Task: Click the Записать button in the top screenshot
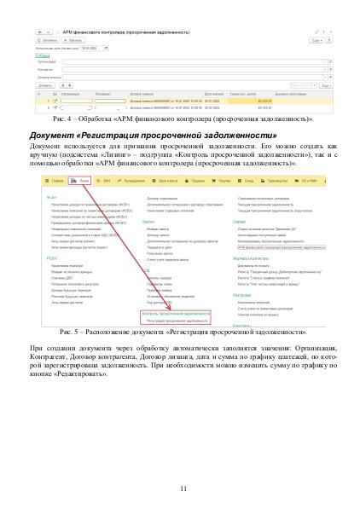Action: click(47, 40)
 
